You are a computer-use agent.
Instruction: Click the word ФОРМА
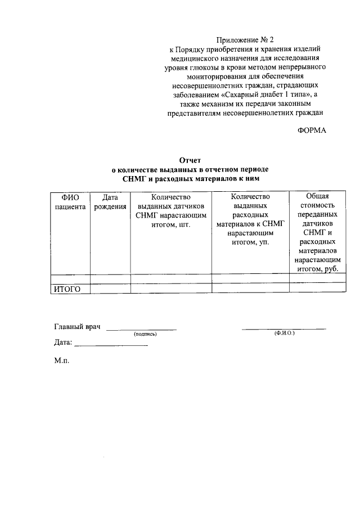coord(311,130)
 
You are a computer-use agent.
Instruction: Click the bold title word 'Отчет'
coord(190,160)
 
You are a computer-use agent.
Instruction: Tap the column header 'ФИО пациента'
coord(70,201)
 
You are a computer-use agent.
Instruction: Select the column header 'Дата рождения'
coord(110,201)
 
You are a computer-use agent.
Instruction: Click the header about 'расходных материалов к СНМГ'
coord(250,219)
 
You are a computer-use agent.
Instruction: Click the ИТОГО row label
coord(67,289)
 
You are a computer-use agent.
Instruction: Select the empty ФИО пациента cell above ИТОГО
coord(70,278)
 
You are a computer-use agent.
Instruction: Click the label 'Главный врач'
coord(76,326)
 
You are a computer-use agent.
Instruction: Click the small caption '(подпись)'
coord(145,334)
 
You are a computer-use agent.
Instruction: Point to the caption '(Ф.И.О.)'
coord(285,334)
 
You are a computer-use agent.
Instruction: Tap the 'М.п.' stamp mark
coord(62,361)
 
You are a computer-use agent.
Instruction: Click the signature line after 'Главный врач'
coord(141,328)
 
